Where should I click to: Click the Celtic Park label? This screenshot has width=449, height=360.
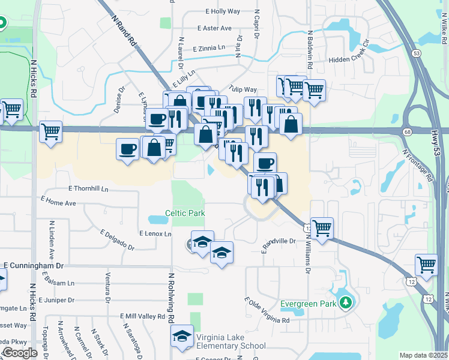pyautogui.click(x=185, y=213)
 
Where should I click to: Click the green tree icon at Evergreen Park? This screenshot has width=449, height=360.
pyautogui.click(x=345, y=302)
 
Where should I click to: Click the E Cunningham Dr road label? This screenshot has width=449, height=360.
pyautogui.click(x=34, y=265)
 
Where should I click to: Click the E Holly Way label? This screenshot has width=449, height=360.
pyautogui.click(x=223, y=11)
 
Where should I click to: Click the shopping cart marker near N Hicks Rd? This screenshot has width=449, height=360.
pyautogui.click(x=50, y=131)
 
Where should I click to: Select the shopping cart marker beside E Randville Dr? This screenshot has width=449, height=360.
pyautogui.click(x=322, y=228)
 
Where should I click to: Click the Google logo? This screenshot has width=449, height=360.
pyautogui.click(x=20, y=353)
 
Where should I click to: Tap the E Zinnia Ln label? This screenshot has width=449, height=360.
pyautogui.click(x=209, y=49)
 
